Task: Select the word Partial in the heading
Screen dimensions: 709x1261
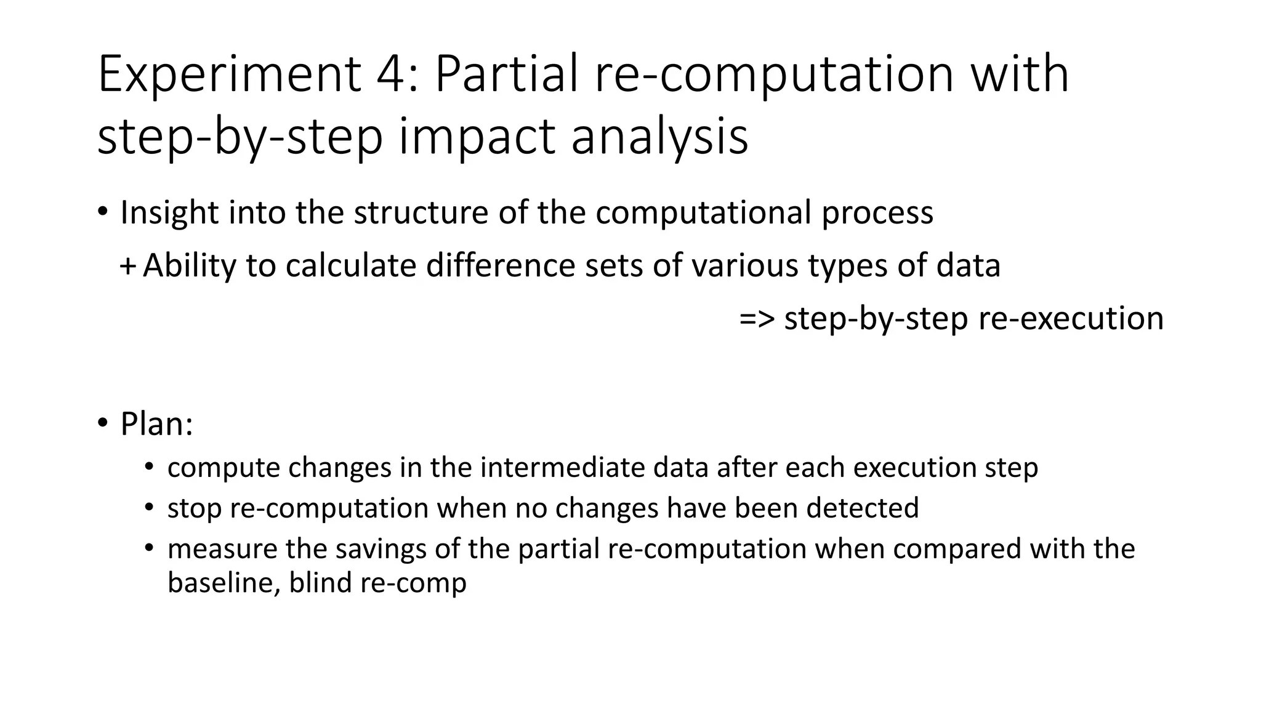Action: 507,75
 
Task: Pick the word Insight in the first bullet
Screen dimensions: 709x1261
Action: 169,213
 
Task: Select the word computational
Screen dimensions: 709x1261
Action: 703,213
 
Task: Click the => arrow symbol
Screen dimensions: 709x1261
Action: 757,319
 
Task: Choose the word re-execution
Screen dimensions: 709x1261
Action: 1071,319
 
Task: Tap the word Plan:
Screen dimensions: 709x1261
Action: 156,424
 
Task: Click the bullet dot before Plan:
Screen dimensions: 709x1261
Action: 102,424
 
